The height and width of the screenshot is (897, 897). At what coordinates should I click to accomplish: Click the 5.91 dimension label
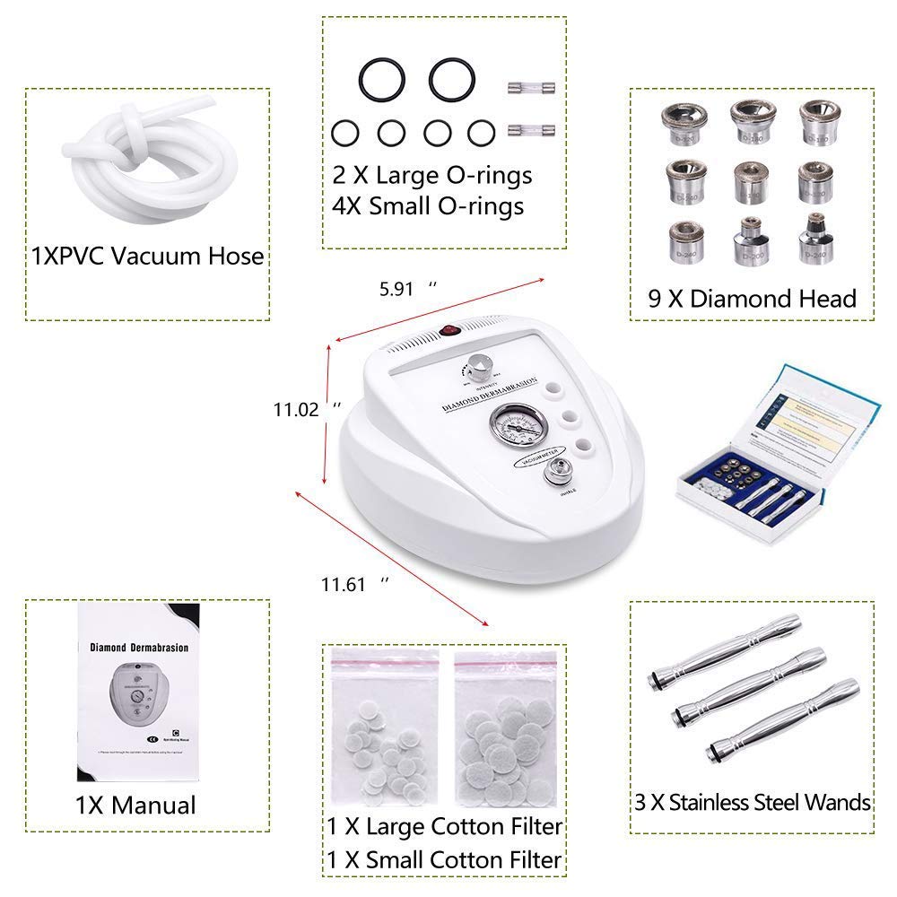396,290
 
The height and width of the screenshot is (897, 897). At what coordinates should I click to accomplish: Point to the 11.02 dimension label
296,408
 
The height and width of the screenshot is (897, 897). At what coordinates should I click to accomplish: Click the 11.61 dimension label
345,585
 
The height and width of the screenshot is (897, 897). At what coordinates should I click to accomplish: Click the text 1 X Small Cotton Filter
445,859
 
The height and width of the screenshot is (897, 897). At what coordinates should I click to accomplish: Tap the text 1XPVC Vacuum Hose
147,256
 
